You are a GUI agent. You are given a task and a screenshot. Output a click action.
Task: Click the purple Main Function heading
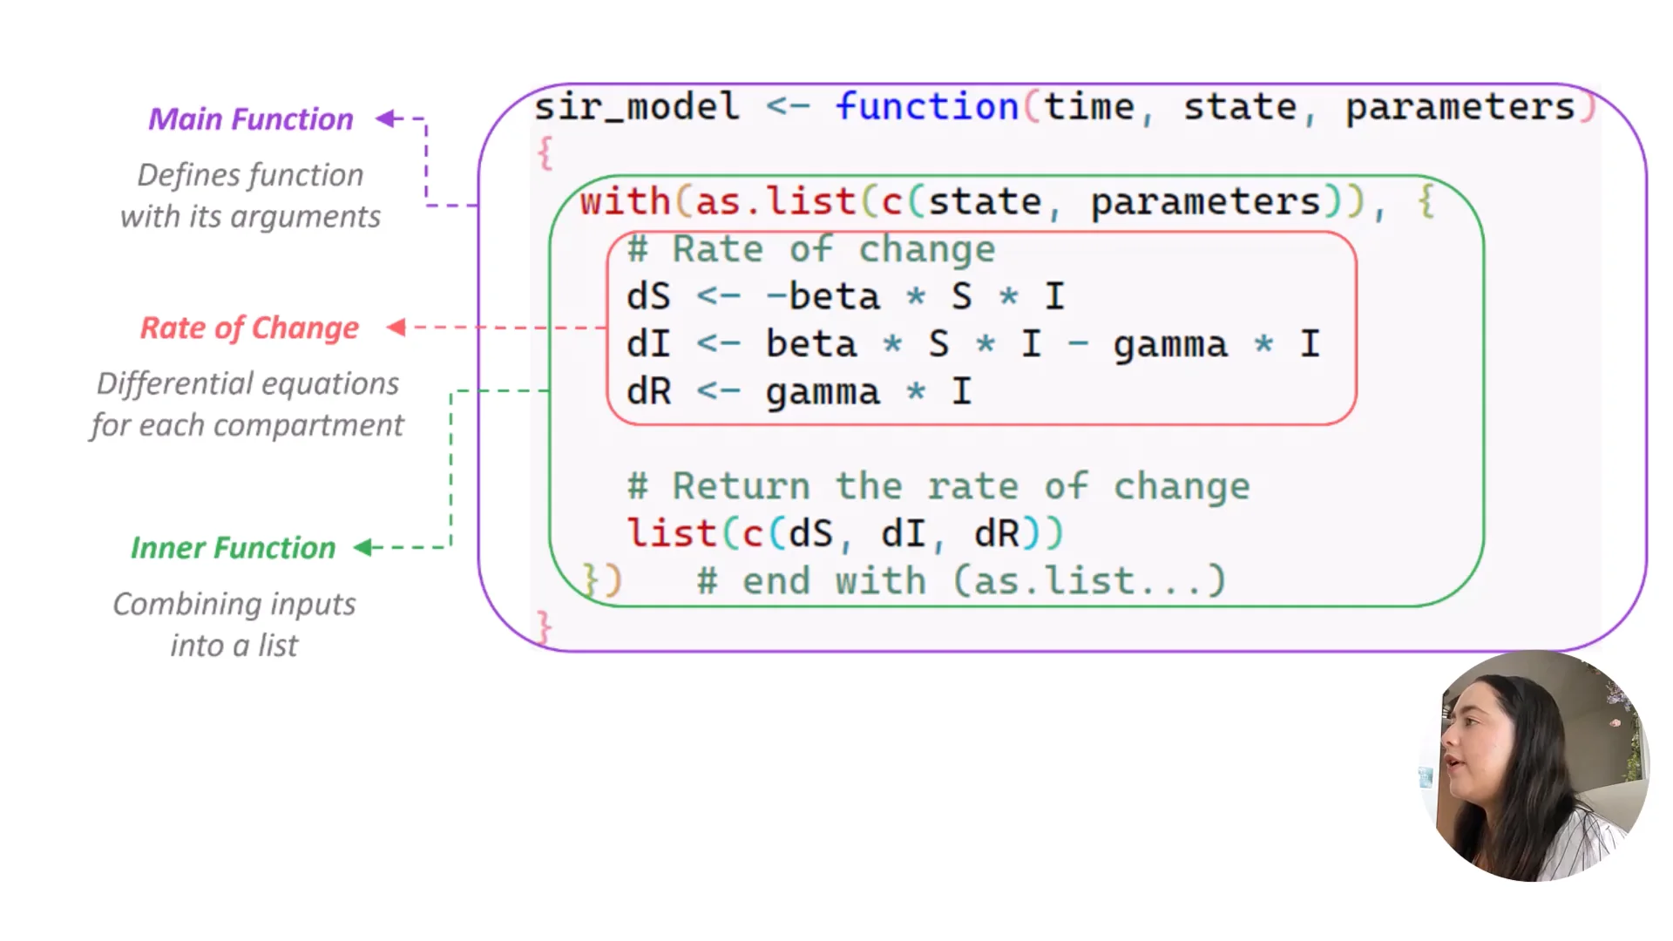point(251,119)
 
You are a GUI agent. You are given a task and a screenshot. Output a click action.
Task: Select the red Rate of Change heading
point(249,328)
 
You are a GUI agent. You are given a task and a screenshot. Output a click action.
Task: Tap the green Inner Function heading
point(233,548)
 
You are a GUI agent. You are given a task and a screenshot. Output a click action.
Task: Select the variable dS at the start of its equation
point(648,297)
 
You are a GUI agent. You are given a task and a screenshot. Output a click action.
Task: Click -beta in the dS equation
point(823,297)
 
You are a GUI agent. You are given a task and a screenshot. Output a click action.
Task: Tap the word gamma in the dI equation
point(1170,345)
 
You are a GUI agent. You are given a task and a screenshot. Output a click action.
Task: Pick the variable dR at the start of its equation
point(648,392)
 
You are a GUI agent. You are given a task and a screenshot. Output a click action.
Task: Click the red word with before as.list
point(625,202)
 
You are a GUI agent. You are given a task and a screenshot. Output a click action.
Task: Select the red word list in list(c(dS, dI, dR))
point(671,534)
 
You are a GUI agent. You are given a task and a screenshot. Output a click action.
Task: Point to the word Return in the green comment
point(741,486)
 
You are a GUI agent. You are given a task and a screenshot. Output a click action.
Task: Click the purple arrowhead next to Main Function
point(386,118)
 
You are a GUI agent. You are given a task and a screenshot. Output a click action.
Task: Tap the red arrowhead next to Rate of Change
point(396,328)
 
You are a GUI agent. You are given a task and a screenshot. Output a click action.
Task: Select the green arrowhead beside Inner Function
point(363,547)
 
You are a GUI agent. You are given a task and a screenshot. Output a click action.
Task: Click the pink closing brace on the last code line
point(545,627)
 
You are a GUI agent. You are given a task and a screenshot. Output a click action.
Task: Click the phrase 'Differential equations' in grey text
point(247,384)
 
